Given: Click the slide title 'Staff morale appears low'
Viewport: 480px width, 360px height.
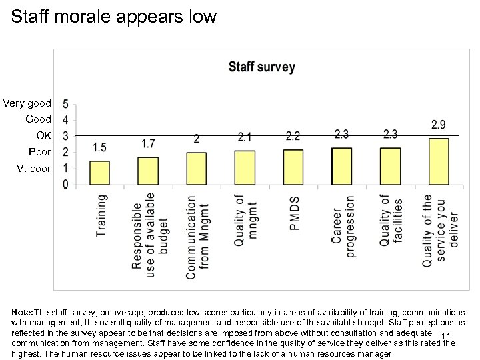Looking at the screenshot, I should pyautogui.click(x=114, y=17).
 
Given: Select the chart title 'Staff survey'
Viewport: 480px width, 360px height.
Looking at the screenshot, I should pyautogui.click(x=261, y=67).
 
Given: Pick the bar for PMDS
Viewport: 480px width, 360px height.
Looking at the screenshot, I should pyautogui.click(x=293, y=167).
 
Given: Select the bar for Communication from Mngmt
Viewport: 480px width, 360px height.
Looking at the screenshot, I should pyautogui.click(x=196, y=168).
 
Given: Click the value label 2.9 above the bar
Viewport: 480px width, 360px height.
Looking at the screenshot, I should pyautogui.click(x=439, y=125).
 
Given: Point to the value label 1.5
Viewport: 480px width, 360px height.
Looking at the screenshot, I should pyautogui.click(x=99, y=147).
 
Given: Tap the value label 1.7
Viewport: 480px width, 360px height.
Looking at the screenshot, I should pyautogui.click(x=148, y=143).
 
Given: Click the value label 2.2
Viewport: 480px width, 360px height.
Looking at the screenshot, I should pyautogui.click(x=293, y=136).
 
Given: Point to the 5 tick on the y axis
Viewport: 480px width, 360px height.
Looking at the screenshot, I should pyautogui.click(x=65, y=105).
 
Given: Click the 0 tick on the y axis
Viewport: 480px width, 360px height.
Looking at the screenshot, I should pyautogui.click(x=65, y=184).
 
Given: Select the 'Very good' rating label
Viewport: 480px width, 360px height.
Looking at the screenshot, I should pyautogui.click(x=27, y=103).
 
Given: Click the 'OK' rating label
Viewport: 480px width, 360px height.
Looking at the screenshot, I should pyautogui.click(x=43, y=135).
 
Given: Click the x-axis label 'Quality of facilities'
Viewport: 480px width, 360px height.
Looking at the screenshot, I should pyautogui.click(x=391, y=221).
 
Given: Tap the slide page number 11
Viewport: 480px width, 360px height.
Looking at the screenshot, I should pyautogui.click(x=447, y=336).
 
